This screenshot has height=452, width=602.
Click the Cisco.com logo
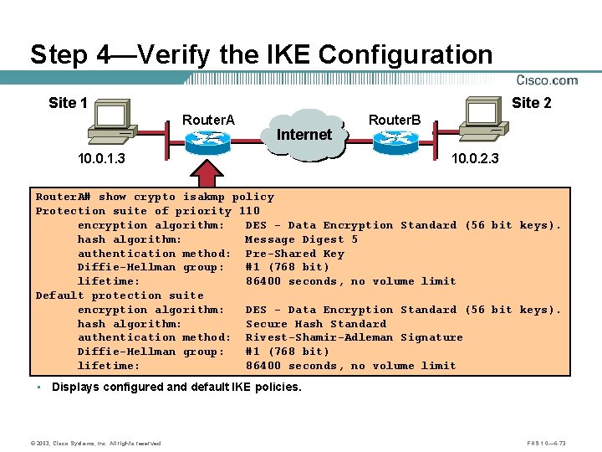(547, 80)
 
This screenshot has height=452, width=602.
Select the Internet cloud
(304, 134)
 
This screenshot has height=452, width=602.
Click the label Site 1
(68, 103)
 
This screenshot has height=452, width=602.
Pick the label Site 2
(531, 103)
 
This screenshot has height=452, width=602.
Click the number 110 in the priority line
(249, 211)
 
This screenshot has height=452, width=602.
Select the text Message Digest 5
(301, 239)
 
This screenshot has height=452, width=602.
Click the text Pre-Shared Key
(294, 254)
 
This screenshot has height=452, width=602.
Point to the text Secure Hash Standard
(315, 324)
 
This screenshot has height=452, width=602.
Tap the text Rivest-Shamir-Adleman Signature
(354, 337)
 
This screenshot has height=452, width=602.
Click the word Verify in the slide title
(173, 55)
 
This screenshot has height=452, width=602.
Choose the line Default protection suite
(120, 295)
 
